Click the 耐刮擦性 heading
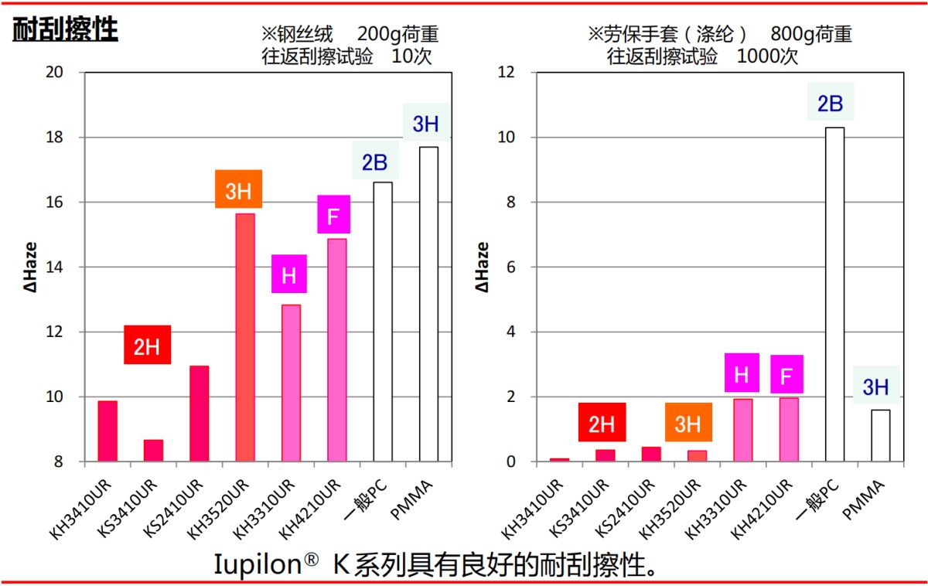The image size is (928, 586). (x=65, y=29)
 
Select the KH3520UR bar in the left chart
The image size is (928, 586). (x=244, y=337)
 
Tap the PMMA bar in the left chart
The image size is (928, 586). (x=428, y=304)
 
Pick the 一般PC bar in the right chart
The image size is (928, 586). (x=834, y=294)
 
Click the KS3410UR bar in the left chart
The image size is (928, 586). (x=153, y=451)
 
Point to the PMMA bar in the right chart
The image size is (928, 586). (x=880, y=435)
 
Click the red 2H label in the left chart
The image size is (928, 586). (x=147, y=345)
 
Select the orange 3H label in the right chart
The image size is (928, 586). (x=687, y=423)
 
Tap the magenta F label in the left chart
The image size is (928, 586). (x=333, y=215)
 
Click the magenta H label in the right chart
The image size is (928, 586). (x=741, y=373)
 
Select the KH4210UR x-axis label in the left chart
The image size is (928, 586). (x=312, y=507)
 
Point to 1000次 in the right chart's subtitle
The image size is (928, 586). (x=767, y=56)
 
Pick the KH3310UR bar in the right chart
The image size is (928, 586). (x=742, y=430)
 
